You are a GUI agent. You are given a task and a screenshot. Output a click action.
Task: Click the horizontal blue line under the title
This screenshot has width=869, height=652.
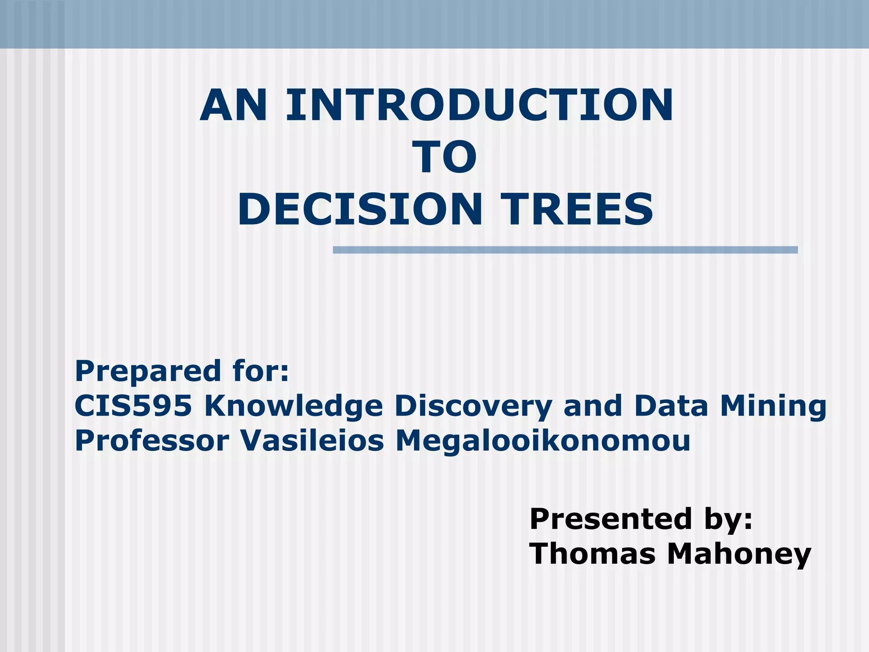point(565,250)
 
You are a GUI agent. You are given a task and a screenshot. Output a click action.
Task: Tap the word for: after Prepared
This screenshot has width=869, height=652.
point(261,371)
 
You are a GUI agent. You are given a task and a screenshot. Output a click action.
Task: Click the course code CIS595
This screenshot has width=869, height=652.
point(133,406)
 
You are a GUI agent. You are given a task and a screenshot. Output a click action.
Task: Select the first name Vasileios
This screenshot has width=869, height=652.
point(312,441)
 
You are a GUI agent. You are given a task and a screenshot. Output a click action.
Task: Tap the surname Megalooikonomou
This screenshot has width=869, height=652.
point(543,441)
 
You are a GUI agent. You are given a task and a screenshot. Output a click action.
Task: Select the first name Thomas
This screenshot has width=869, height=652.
point(592,554)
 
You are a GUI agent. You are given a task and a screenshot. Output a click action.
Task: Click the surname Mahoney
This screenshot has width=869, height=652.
point(739,554)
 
